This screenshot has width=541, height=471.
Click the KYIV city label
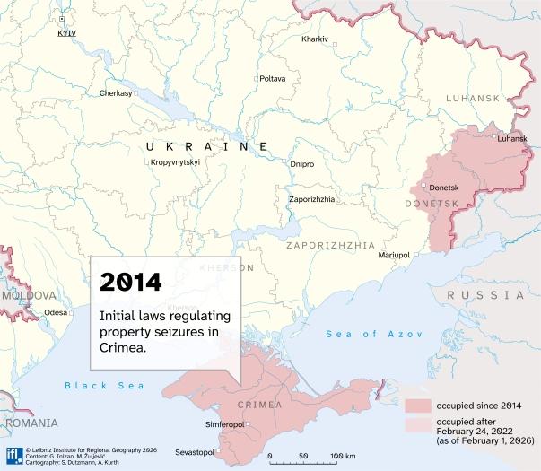(65, 32)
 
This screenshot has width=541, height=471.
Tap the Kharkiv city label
(315, 39)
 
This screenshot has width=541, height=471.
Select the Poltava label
(272, 79)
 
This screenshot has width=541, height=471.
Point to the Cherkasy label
(116, 93)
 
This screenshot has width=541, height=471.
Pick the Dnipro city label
(302, 164)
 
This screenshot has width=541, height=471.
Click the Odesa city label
(56, 313)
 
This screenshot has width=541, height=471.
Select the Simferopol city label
(225, 423)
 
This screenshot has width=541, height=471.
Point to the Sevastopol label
(195, 451)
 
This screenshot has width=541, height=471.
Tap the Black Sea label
(92, 385)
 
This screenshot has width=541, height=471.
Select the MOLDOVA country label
(29, 294)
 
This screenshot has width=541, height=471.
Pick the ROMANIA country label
(31, 423)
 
